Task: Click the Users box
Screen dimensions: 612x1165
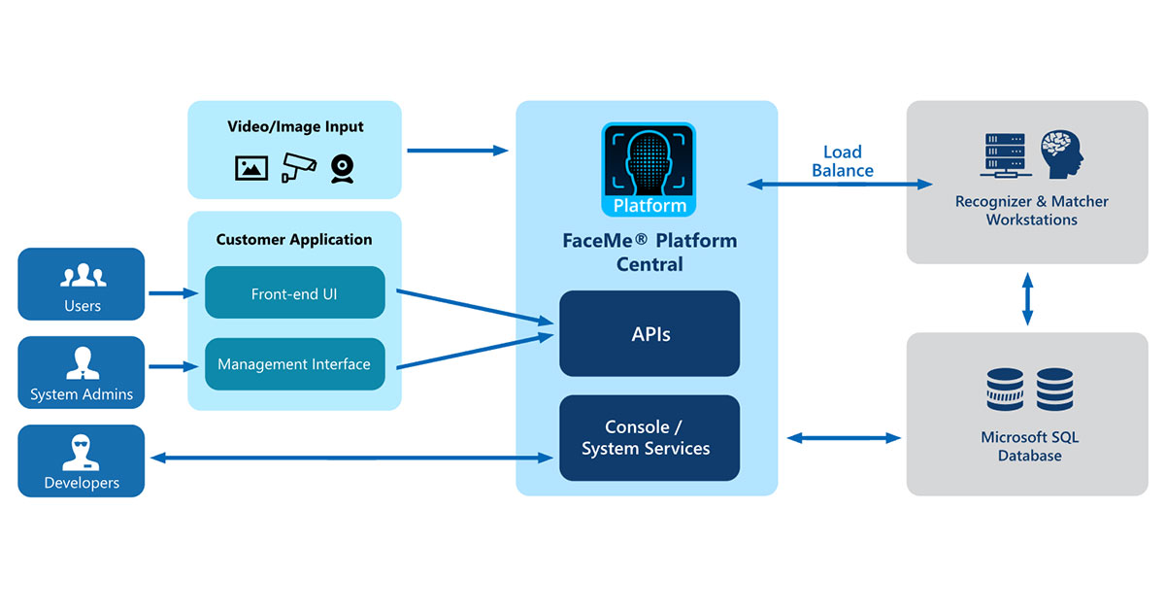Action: click(x=81, y=284)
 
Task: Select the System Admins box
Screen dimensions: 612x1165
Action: click(x=81, y=372)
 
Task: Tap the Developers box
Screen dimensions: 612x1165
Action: click(x=81, y=460)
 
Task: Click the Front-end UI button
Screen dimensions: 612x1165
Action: click(x=294, y=292)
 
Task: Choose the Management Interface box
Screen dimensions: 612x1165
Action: click(x=294, y=364)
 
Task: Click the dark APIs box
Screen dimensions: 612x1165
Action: click(x=649, y=333)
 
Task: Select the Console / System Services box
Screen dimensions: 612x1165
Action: click(x=649, y=438)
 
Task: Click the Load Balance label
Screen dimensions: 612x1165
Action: click(x=843, y=161)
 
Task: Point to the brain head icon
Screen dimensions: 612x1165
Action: click(x=1061, y=154)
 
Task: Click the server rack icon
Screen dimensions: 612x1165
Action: click(x=1005, y=154)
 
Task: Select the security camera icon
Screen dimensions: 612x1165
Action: click(x=298, y=167)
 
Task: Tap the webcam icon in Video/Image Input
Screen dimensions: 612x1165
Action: click(x=342, y=168)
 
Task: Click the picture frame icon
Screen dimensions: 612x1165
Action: click(x=251, y=168)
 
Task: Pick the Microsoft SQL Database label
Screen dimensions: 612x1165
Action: click(x=1029, y=446)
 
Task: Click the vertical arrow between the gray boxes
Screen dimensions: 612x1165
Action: click(x=1027, y=298)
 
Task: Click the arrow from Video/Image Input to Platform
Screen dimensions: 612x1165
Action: click(x=457, y=151)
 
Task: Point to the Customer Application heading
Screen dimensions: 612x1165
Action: click(x=294, y=239)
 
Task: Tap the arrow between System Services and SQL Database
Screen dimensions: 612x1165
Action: click(x=843, y=438)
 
